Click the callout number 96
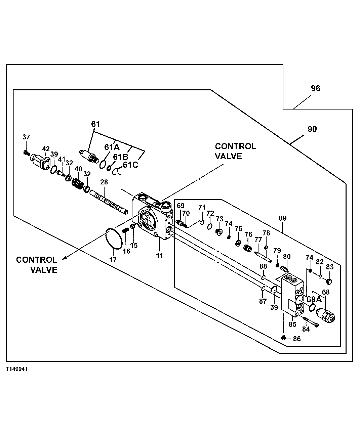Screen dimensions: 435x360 (315, 88)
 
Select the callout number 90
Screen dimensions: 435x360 (312, 129)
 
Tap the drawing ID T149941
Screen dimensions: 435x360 (16, 369)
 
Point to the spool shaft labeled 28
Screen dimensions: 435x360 (109, 203)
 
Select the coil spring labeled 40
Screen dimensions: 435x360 (78, 184)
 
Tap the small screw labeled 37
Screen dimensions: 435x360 (26, 153)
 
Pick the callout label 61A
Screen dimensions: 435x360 (112, 147)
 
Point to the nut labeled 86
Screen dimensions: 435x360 (283, 338)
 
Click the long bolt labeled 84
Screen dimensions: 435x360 (311, 321)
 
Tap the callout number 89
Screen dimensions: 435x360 (282, 218)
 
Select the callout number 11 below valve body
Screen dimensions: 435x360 (159, 256)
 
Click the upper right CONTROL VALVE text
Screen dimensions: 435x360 (235, 151)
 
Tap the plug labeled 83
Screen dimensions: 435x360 (330, 281)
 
